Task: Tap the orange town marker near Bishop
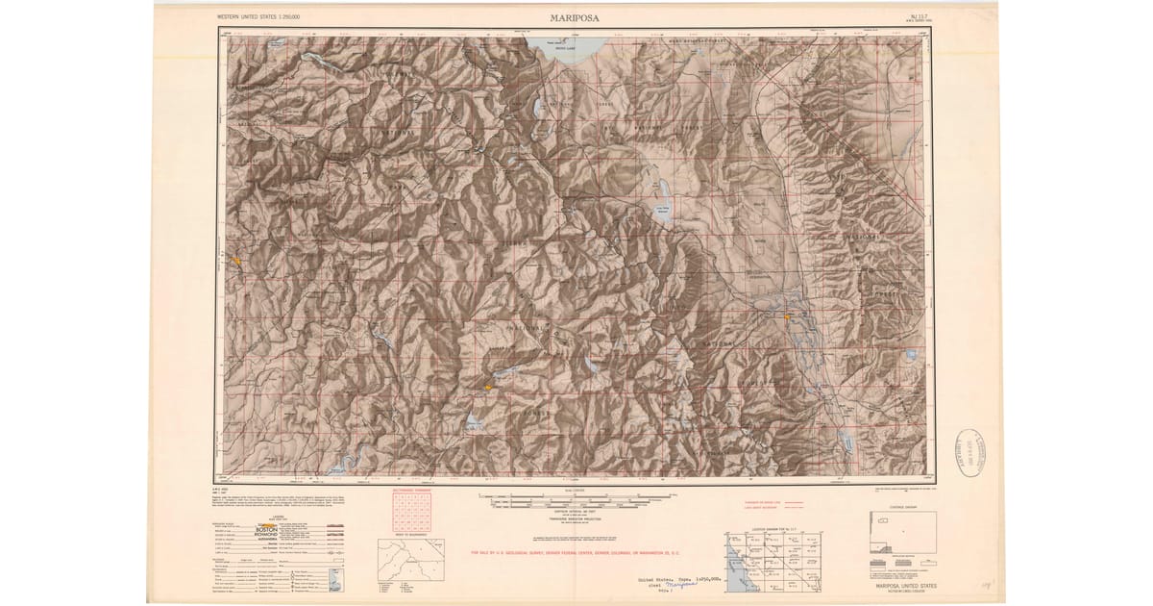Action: click(x=788, y=316)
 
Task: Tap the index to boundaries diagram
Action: click(x=403, y=568)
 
